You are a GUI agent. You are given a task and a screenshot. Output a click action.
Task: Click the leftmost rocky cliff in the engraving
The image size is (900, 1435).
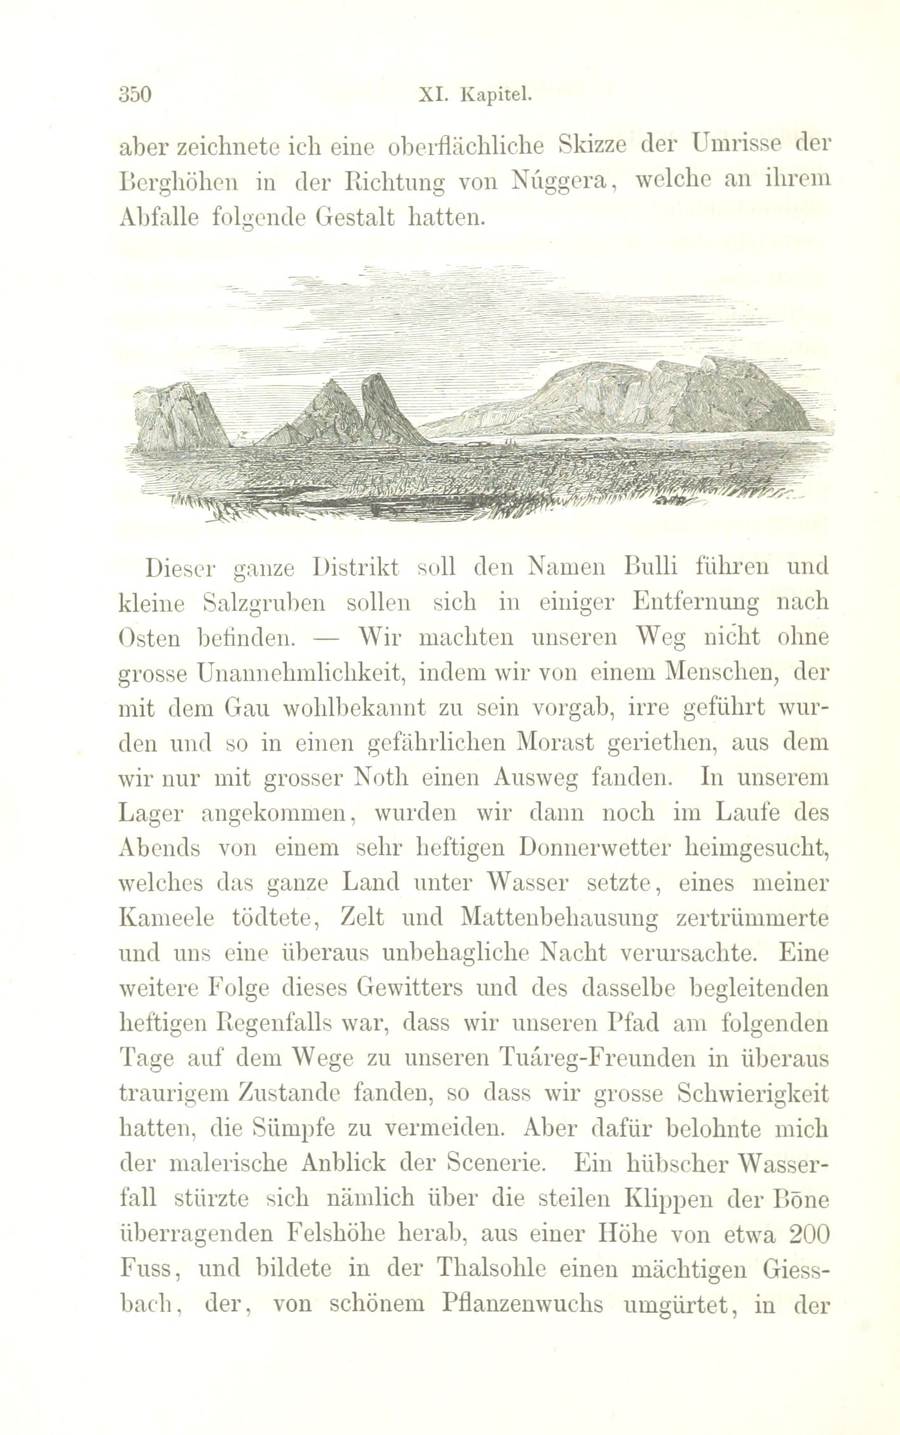(x=178, y=416)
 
